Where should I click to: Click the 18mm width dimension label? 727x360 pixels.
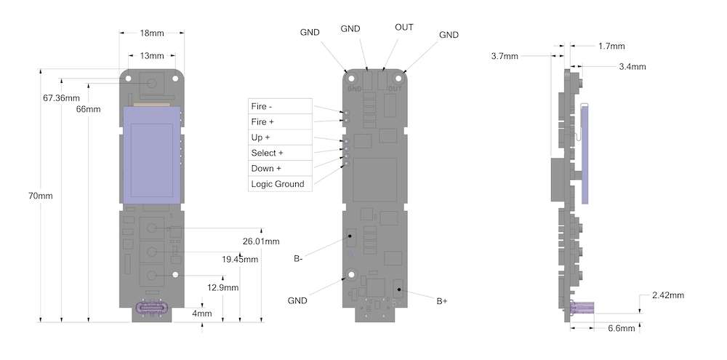(x=152, y=33)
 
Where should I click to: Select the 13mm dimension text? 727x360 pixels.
(x=152, y=55)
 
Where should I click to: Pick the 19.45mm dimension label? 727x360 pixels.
(x=240, y=259)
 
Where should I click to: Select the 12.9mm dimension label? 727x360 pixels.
(x=223, y=287)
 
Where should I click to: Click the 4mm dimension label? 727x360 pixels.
(x=202, y=313)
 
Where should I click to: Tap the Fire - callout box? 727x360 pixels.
(x=280, y=106)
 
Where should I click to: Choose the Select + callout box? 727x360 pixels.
(x=280, y=153)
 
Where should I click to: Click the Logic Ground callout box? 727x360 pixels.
(x=280, y=184)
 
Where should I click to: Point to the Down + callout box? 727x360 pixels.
(x=280, y=168)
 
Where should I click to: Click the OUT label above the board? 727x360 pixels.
(x=404, y=28)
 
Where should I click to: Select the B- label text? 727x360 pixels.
(x=299, y=258)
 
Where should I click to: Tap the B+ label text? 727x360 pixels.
(x=441, y=300)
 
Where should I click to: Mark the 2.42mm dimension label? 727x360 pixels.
(x=668, y=295)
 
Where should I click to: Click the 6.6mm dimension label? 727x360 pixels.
(x=621, y=328)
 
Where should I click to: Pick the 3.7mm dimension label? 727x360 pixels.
(x=505, y=56)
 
